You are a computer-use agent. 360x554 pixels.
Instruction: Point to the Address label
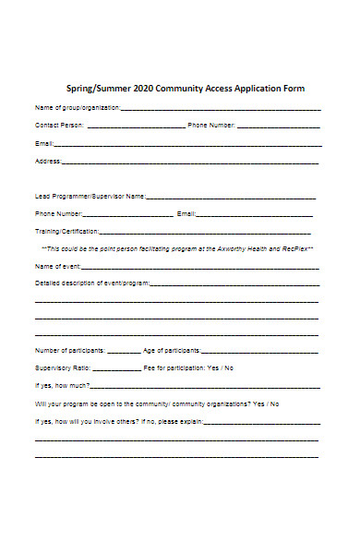[x=47, y=161]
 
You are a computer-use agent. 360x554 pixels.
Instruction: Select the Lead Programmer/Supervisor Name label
[x=90, y=197]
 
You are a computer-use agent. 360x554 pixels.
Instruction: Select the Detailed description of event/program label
[x=91, y=283]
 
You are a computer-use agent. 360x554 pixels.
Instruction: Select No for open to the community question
[x=275, y=403]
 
